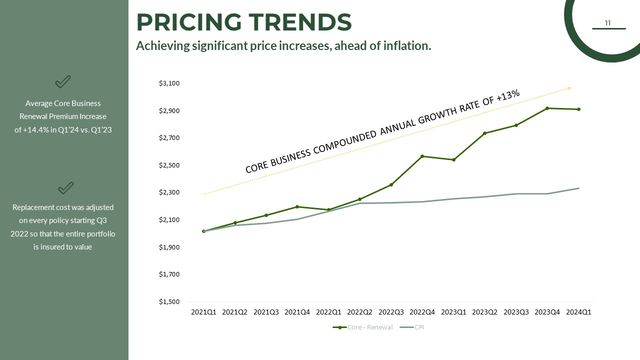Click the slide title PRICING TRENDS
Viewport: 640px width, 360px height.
tap(244, 22)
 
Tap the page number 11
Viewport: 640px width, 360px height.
tap(607, 23)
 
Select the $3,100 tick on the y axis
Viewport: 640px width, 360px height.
tap(169, 83)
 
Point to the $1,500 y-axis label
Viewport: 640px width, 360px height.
tap(169, 302)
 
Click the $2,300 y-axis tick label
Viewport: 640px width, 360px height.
tap(169, 192)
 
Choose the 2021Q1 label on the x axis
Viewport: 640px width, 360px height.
tap(203, 312)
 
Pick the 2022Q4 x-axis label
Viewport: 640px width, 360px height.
tap(422, 312)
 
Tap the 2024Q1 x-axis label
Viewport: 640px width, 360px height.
tap(578, 312)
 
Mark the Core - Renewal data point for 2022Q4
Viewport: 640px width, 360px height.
tap(422, 156)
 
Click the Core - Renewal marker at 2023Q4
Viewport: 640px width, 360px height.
tap(547, 108)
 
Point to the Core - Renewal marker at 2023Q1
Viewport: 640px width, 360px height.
tap(453, 160)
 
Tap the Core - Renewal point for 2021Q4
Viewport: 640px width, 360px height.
tap(297, 206)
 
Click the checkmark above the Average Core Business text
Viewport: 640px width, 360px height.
tap(62, 81)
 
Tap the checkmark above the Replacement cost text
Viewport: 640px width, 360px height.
tap(65, 187)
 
